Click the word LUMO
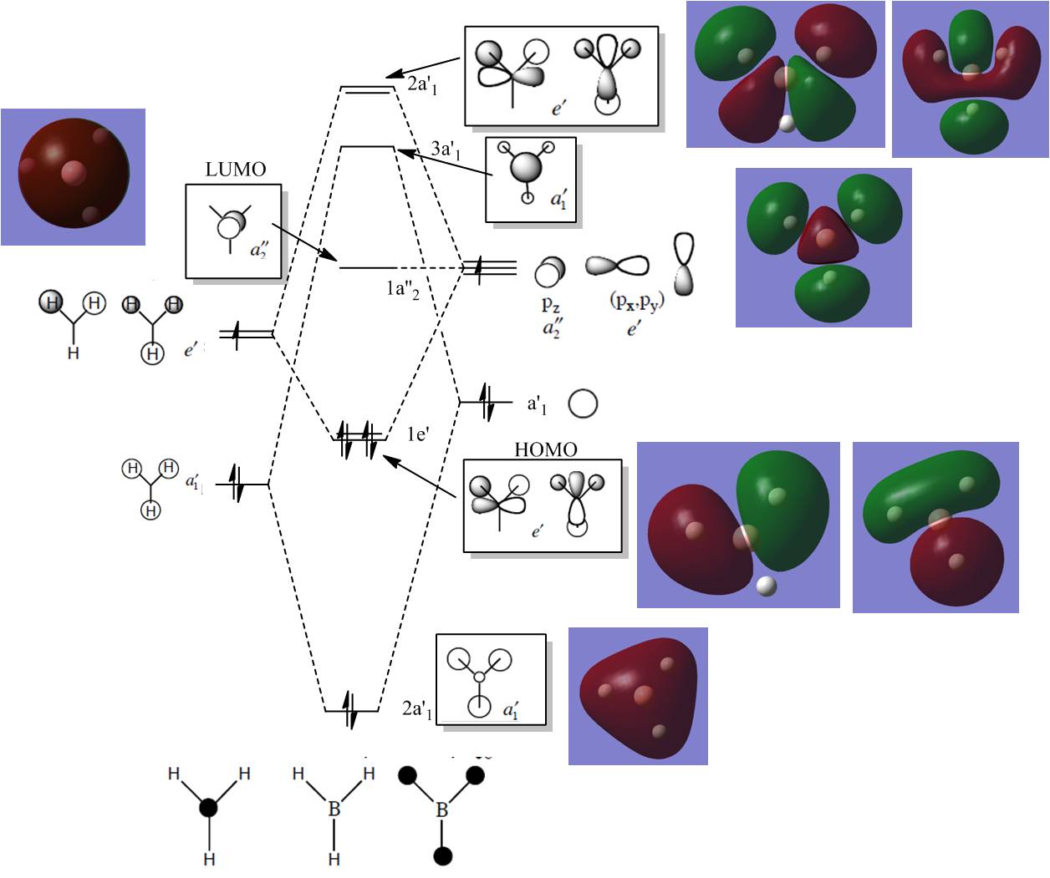[235, 170]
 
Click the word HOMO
[545, 450]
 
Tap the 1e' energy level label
[417, 434]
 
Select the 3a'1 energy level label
[445, 150]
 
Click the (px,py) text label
[635, 302]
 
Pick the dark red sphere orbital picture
[74, 176]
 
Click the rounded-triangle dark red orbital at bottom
[638, 696]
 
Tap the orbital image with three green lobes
[823, 247]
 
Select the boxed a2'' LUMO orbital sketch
[233, 231]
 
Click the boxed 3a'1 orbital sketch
[531, 180]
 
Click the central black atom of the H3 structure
[208, 807]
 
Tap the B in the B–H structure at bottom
[334, 809]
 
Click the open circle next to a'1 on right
[583, 404]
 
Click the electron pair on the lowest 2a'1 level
[351, 711]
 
